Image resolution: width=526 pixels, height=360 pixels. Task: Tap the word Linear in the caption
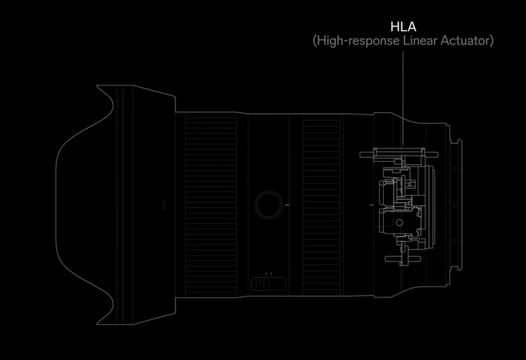[x=417, y=40]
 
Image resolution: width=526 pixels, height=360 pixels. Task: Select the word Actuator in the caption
[x=466, y=40]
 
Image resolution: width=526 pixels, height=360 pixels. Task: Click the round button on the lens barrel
[x=268, y=204]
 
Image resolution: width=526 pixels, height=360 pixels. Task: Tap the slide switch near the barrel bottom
[x=267, y=284]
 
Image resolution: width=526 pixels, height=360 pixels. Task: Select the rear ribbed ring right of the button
[x=320, y=204]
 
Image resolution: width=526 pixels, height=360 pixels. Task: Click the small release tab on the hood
[x=164, y=205]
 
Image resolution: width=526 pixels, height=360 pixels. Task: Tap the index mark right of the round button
[x=287, y=204]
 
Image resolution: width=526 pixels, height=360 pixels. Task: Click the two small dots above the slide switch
[x=267, y=273]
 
